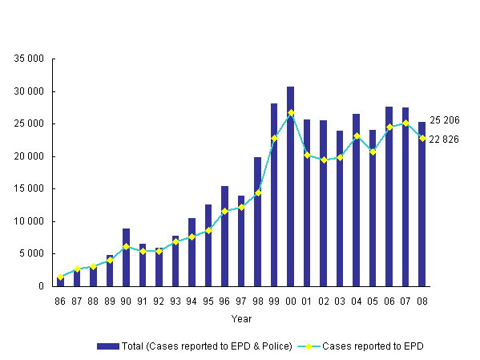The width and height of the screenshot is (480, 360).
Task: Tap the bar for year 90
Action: tap(126, 257)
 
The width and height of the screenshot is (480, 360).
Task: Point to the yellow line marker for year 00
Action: tap(290, 112)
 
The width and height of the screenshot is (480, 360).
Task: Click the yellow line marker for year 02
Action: tap(323, 160)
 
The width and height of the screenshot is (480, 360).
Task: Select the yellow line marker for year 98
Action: tap(257, 192)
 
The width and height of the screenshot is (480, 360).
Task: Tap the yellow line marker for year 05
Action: tap(373, 152)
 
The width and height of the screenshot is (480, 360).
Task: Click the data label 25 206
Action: tap(444, 120)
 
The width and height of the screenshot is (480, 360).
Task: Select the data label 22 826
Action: tap(444, 140)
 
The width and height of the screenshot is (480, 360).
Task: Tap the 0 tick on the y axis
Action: tap(40, 286)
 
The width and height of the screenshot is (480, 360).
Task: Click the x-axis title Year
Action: tap(241, 318)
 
